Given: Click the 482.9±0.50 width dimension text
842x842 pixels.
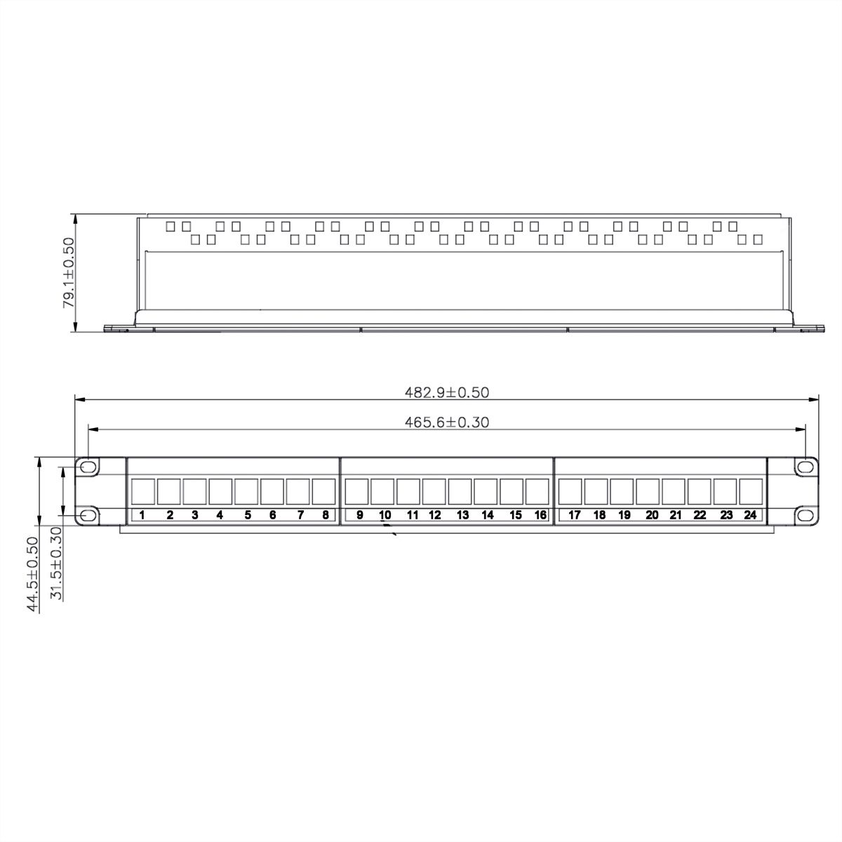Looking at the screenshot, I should click(x=446, y=393).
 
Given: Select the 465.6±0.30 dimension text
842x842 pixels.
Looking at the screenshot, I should click(x=446, y=422).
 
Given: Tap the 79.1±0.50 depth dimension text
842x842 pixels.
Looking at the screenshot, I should click(x=68, y=273).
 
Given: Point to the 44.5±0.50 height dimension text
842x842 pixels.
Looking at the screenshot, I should click(x=32, y=575).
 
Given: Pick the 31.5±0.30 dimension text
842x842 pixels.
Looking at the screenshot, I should click(x=57, y=564).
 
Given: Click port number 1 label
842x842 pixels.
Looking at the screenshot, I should click(x=142, y=515).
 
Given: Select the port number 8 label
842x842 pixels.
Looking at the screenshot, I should click(x=326, y=515).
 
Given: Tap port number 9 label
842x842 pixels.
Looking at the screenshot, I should click(x=359, y=515).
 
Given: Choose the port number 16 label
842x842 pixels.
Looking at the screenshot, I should click(x=540, y=515).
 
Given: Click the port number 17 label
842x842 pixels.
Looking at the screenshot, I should click(x=574, y=515).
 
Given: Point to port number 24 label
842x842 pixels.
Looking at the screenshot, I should click(x=750, y=515).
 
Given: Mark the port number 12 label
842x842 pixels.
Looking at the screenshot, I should click(x=435, y=515).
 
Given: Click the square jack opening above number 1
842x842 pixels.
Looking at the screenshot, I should click(x=143, y=491).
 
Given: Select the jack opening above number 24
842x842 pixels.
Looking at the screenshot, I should click(x=750, y=491).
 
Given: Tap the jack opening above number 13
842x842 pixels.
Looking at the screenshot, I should click(x=460, y=491).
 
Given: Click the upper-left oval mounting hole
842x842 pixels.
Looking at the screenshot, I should click(x=88, y=467).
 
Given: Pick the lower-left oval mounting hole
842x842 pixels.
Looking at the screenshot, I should click(x=88, y=516).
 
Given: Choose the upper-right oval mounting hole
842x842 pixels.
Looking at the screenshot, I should click(x=804, y=467).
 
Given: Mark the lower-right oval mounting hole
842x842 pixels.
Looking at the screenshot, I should click(x=804, y=516).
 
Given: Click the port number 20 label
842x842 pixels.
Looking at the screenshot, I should click(x=652, y=515).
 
